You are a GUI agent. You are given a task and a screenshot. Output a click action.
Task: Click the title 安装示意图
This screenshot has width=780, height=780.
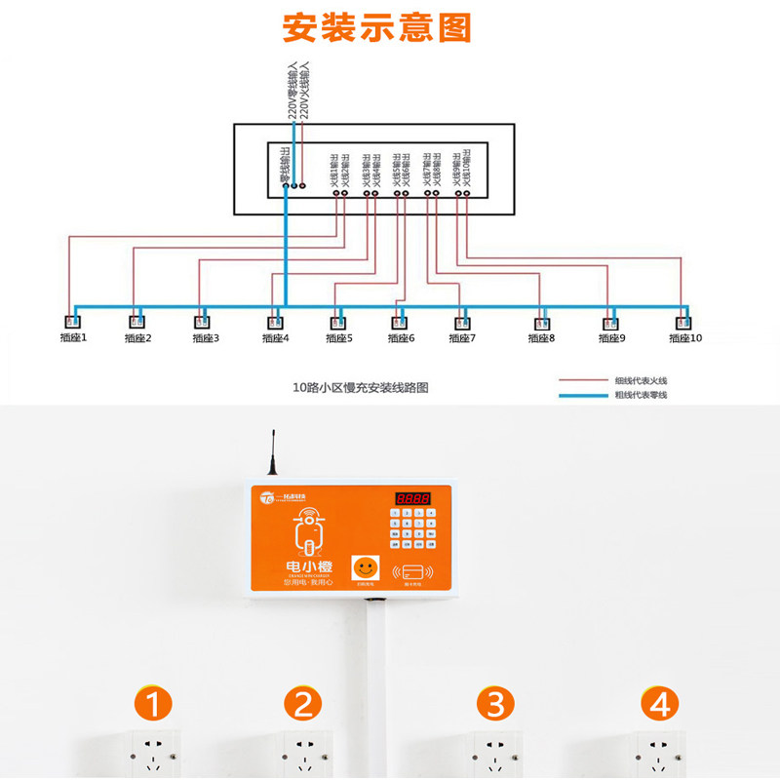376,27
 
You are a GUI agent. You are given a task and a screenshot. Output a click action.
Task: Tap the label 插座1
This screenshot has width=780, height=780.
70,338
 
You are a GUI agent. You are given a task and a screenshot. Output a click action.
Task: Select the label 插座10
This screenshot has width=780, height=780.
684,338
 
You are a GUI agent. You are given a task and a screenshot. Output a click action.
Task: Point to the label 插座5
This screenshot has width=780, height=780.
336,338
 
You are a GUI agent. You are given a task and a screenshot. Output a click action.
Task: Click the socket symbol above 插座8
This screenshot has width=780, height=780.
541,322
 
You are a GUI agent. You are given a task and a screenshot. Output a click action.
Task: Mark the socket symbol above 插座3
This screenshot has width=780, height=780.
203,322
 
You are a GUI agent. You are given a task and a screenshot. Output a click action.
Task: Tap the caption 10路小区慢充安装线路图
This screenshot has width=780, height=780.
361,387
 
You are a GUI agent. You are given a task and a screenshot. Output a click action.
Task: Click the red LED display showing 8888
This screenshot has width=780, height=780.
412,499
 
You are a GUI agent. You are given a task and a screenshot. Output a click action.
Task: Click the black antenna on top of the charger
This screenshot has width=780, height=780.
273,455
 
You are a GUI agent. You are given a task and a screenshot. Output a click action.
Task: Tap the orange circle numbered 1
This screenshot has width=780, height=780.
156,703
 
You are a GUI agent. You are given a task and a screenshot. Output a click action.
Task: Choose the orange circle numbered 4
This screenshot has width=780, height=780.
661,703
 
